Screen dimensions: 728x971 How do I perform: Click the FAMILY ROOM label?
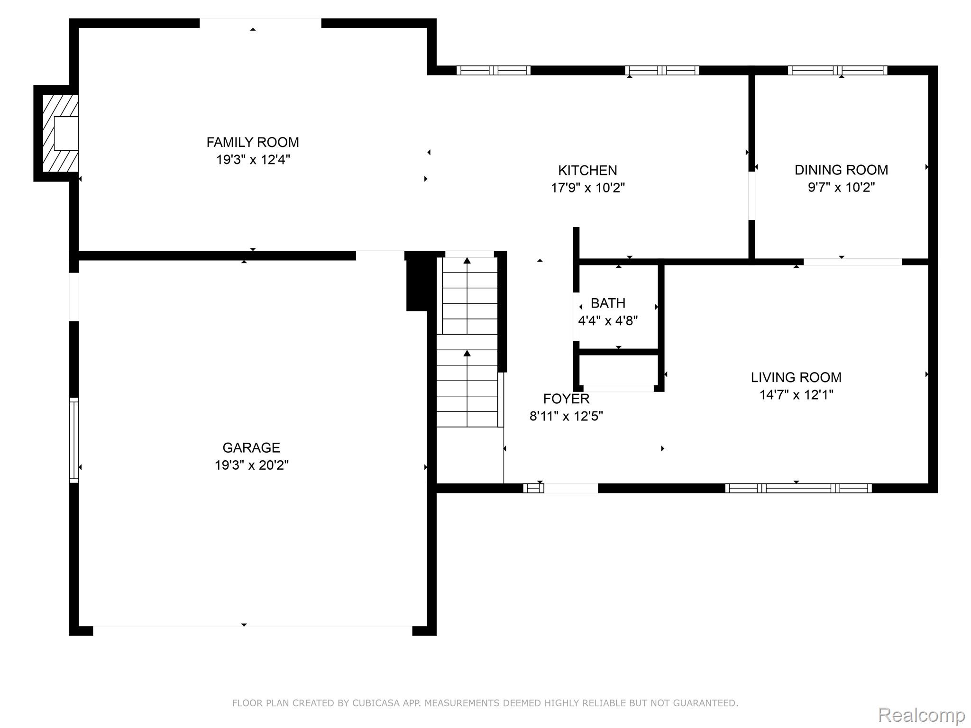pyautogui.click(x=253, y=142)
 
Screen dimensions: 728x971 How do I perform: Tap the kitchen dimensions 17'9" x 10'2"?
pyautogui.click(x=587, y=188)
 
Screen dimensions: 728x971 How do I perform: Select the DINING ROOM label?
pyautogui.click(x=841, y=170)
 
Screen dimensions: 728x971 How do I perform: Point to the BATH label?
pyautogui.click(x=608, y=303)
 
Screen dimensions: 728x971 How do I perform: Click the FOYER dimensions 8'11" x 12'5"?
pyautogui.click(x=566, y=416)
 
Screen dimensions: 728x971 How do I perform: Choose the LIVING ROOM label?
pyautogui.click(x=796, y=377)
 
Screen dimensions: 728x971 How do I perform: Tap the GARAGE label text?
pyautogui.click(x=251, y=447)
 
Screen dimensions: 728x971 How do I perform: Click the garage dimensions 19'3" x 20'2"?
pyautogui.click(x=251, y=465)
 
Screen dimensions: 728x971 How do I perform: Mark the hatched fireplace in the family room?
pyautogui.click(x=61, y=134)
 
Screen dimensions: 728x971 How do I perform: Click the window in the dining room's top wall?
pyautogui.click(x=837, y=71)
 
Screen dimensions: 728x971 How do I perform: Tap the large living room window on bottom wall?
pyautogui.click(x=798, y=488)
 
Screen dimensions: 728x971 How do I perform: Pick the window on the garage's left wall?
pyautogui.click(x=74, y=440)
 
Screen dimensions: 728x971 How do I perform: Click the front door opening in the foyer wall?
pyautogui.click(x=570, y=488)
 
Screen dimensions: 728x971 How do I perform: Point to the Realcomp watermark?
pyautogui.click(x=921, y=715)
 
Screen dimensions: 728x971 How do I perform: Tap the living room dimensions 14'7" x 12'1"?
pyautogui.click(x=796, y=395)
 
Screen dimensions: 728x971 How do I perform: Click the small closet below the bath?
pyautogui.click(x=618, y=370)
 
